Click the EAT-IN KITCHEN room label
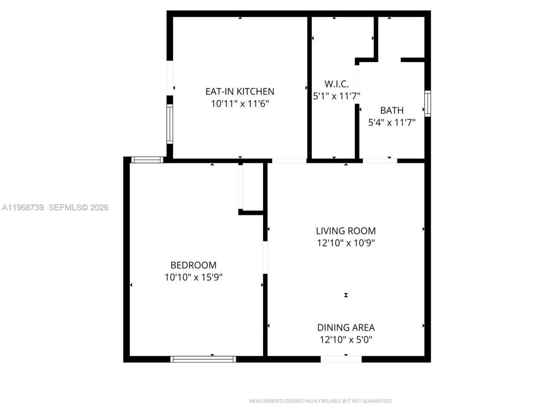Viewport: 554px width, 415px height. point(239,91)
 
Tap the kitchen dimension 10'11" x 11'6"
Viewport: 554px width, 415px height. point(240,104)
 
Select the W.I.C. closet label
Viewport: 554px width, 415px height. point(336,84)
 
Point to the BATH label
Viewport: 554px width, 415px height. point(392,110)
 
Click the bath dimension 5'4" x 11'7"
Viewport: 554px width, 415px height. point(392,122)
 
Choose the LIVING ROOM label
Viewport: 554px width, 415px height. point(345,231)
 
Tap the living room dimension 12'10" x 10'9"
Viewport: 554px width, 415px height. point(345,243)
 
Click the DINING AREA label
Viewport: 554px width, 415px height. point(345,328)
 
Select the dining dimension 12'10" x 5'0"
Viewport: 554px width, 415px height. point(345,340)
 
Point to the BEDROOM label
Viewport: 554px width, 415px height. point(193,265)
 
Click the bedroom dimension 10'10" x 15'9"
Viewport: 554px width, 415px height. point(193,277)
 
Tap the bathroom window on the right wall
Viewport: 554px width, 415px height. point(428,103)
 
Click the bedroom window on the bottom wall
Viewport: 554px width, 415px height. point(203,359)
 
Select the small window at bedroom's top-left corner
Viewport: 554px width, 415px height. point(147,160)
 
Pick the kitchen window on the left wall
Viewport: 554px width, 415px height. point(170,124)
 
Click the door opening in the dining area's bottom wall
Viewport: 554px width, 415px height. point(341,359)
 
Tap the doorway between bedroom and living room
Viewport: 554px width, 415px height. point(265,257)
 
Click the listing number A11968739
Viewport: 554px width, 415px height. point(23,207)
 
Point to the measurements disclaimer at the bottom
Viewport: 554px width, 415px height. point(320,401)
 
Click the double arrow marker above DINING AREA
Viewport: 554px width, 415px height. point(346,295)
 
